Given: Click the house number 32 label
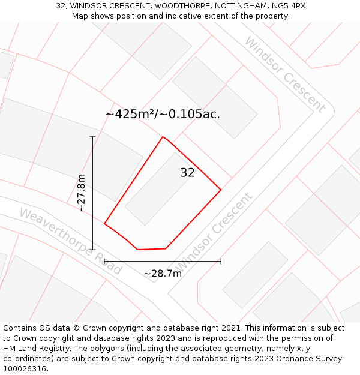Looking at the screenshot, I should pyautogui.click(x=187, y=173).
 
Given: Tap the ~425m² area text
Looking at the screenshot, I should pyautogui.click(x=130, y=113).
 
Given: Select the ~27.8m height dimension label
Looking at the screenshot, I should pyautogui.click(x=82, y=193).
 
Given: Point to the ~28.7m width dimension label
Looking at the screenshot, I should pyautogui.click(x=163, y=274).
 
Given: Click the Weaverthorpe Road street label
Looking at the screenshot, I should pyautogui.click(x=70, y=241).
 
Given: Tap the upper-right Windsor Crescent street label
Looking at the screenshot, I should pyautogui.click(x=284, y=74).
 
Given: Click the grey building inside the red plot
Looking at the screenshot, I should pyautogui.click(x=159, y=188).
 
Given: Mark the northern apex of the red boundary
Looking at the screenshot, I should pyautogui.click(x=163, y=137).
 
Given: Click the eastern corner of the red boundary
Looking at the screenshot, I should pyautogui.click(x=221, y=190).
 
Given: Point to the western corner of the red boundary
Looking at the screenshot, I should pyautogui.click(x=104, y=224).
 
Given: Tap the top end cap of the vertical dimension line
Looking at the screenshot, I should pyautogui.click(x=92, y=137).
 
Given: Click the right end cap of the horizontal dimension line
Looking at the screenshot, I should pyautogui.click(x=221, y=261).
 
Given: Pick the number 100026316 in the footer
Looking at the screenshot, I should pyautogui.click(x=24, y=369).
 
